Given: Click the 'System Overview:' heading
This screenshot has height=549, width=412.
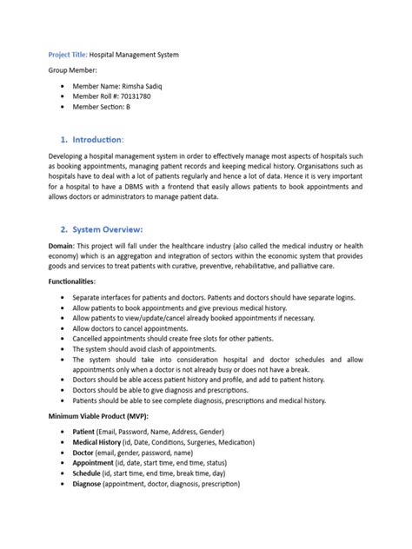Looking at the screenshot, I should (113, 229).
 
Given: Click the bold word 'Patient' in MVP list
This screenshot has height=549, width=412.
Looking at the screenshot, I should (85, 431).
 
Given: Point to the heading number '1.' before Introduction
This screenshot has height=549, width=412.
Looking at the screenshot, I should (64, 140).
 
